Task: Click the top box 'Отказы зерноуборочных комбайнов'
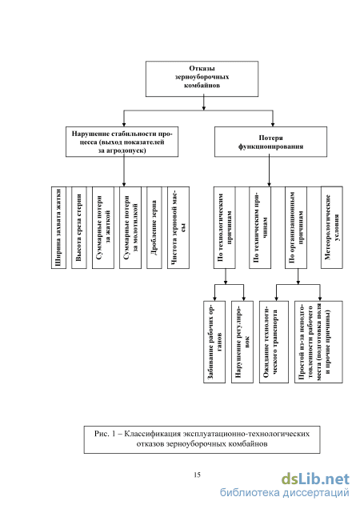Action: coord(202,79)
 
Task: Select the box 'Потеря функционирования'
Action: coord(270,142)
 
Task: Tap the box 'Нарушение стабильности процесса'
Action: coord(122,142)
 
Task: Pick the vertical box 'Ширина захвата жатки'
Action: coord(58,227)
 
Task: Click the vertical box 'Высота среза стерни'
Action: coord(79,227)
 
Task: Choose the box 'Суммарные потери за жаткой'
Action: coord(103,227)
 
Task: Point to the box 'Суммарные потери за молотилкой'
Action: coord(130,227)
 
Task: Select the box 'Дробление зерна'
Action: coord(154,227)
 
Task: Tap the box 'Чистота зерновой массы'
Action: coord(178,227)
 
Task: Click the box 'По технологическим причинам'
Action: coord(225,227)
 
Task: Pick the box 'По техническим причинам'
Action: coord(260,227)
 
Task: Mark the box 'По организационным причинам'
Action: coord(296,227)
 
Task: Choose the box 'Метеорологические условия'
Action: coord(332,227)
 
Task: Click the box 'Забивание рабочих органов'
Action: coord(214,343)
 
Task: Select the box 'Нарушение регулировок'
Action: coord(242,343)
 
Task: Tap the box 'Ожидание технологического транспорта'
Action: coord(274,343)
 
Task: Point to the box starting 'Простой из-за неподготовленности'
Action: coord(318,343)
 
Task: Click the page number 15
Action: coord(197,475)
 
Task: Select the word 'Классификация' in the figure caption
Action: coord(152,434)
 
